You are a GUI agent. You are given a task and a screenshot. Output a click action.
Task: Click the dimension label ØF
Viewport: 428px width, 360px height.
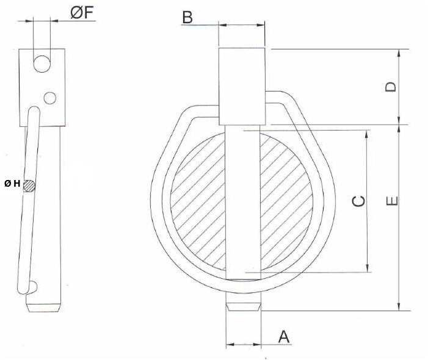point(82,13)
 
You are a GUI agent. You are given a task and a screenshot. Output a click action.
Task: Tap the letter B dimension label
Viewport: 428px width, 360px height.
point(187,17)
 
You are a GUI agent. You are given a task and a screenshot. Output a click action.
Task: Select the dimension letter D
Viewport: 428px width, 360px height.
point(391,87)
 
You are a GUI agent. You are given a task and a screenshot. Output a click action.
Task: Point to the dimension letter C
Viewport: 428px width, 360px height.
point(358,201)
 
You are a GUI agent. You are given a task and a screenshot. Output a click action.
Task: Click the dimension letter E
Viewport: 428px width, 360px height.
point(392,201)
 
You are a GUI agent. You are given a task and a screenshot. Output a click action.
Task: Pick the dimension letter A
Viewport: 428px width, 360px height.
point(284,337)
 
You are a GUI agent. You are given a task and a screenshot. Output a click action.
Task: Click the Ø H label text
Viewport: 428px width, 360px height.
point(12,184)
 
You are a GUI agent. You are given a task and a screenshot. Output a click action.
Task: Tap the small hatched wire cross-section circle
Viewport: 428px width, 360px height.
point(29,185)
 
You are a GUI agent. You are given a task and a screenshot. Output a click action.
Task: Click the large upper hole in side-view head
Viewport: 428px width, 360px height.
point(42,64)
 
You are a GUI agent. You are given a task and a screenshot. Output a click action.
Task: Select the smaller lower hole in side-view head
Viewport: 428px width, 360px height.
point(50,98)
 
